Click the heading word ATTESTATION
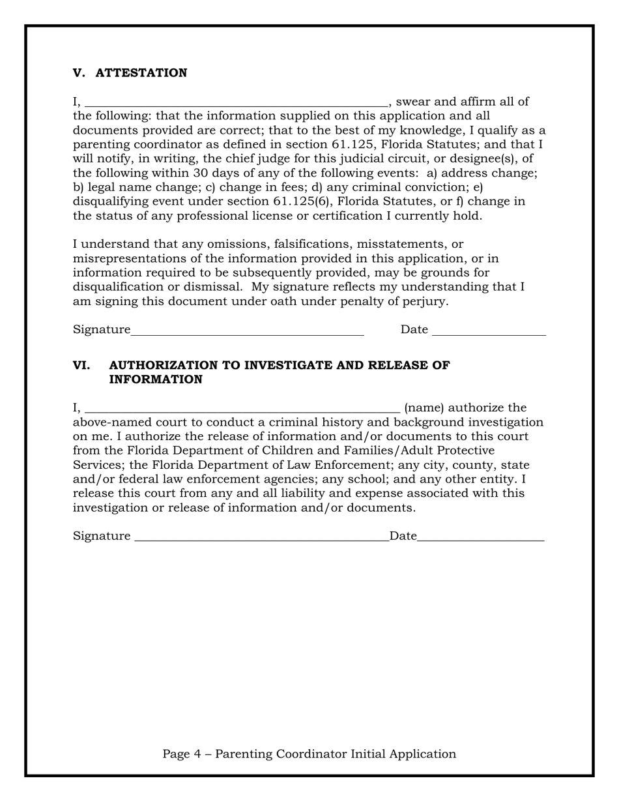tap(141, 73)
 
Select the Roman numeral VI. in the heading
tap(81, 365)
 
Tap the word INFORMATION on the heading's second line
tap(156, 379)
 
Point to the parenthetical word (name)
tap(424, 408)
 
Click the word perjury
tap(427, 301)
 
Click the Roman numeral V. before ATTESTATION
tap(79, 73)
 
